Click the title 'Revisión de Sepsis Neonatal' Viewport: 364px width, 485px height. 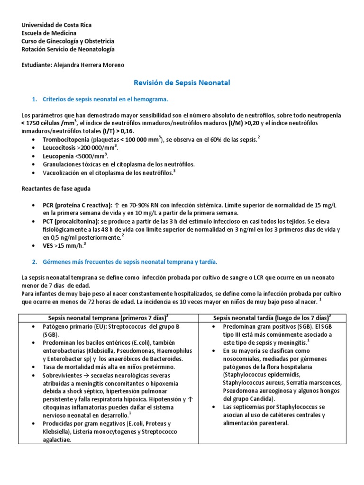click(x=182, y=83)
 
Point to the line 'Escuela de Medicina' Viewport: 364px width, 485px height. click(x=49, y=33)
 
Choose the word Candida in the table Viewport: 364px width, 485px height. click(x=264, y=399)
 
